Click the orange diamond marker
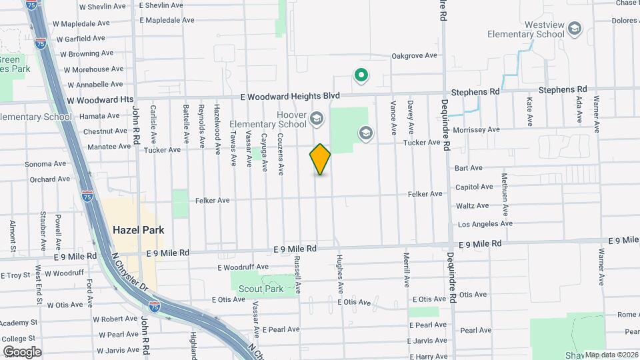(x=320, y=159)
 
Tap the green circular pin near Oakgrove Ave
(x=361, y=76)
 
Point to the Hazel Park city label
(x=138, y=229)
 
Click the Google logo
(x=22, y=352)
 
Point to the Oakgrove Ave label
(x=414, y=56)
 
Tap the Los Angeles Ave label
(x=485, y=224)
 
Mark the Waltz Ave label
(x=472, y=206)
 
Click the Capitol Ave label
(x=474, y=187)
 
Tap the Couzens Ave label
(x=281, y=154)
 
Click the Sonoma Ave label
(x=45, y=164)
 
